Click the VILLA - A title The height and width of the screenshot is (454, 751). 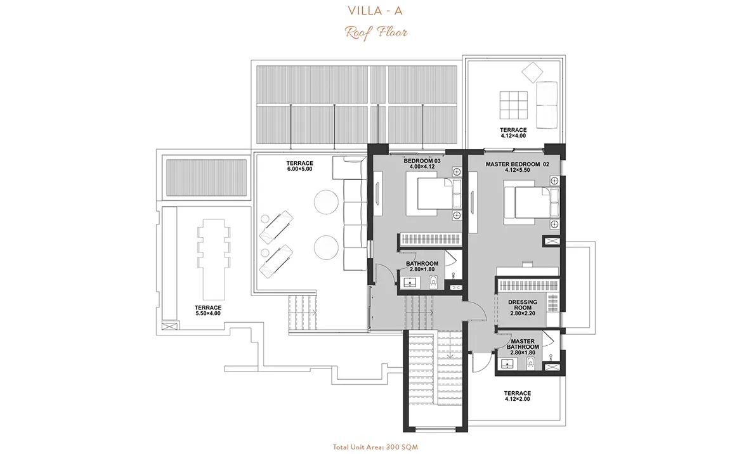tap(375, 11)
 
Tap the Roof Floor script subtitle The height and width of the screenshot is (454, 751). tap(376, 32)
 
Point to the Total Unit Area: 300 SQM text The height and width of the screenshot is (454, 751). tap(375, 447)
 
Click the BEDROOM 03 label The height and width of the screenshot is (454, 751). tap(422, 161)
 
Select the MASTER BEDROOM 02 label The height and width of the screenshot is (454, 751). tap(518, 164)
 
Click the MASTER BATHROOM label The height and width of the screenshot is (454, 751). tap(523, 344)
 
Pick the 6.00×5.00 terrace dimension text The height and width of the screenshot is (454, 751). tap(299, 169)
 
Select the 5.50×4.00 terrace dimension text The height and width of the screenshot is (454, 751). tap(208, 313)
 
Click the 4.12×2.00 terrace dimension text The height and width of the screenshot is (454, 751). tap(518, 399)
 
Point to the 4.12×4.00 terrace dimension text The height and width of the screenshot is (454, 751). tap(513, 136)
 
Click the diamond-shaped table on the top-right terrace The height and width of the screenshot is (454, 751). tap(532, 74)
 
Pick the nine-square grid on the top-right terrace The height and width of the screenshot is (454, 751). tap(513, 105)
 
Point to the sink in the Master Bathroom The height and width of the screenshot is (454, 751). tap(507, 365)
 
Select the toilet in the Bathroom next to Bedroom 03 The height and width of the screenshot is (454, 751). tap(433, 282)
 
